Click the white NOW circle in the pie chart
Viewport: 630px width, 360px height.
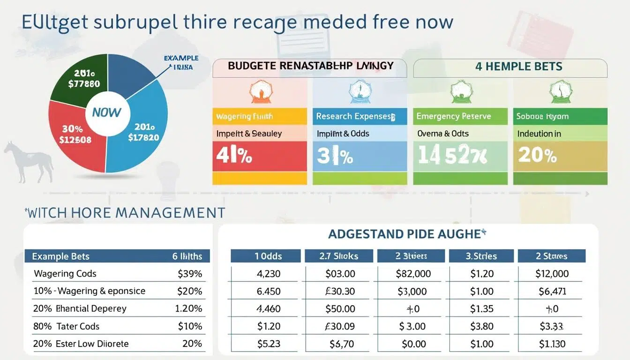(106, 112)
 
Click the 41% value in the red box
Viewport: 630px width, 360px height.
(234, 156)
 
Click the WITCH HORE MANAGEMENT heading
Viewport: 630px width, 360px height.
(125, 213)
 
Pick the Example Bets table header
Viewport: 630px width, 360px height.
(60, 256)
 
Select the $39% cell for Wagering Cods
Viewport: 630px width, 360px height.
(190, 274)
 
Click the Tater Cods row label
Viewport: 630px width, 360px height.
(78, 326)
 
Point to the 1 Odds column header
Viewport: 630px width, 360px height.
(265, 256)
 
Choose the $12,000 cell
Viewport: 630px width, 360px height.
(552, 274)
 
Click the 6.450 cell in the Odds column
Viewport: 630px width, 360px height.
(269, 291)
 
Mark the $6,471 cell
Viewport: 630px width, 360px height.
(552, 291)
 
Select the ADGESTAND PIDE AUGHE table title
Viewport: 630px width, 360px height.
(406, 234)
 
